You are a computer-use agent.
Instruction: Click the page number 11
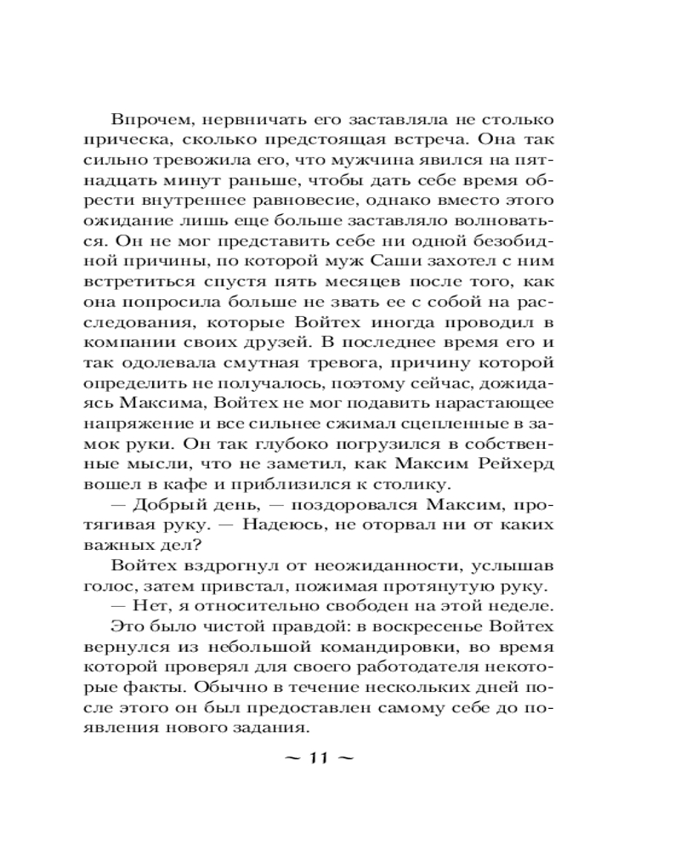pyautogui.click(x=324, y=758)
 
